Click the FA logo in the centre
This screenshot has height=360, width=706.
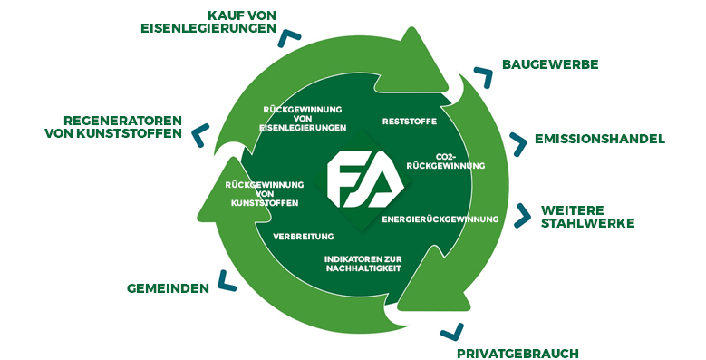coord(359,179)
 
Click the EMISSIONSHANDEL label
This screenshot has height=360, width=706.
coord(600,139)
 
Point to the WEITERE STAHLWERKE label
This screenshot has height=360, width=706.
coord(587,216)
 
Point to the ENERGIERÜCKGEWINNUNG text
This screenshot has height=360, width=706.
coord(440,219)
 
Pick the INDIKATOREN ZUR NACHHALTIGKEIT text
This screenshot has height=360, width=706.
coord(369,264)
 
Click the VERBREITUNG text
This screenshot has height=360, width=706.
coord(304,236)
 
